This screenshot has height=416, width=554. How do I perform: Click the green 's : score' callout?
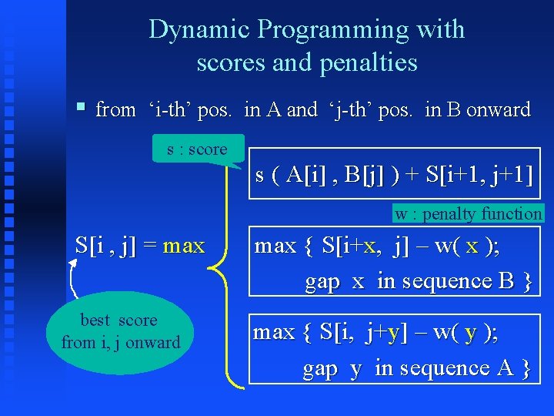197,149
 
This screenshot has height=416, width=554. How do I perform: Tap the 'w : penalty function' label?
468,213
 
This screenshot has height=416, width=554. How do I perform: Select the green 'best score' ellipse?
120,332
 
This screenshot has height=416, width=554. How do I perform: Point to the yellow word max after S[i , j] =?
185,247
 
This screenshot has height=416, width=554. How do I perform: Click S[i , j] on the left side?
105,247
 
